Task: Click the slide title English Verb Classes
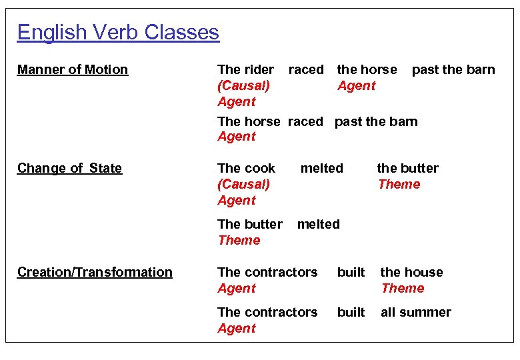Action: tap(118, 32)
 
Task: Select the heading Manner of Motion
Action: tap(73, 69)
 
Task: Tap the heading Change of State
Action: tap(70, 168)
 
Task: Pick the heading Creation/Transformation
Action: tap(95, 272)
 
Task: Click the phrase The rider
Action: tap(245, 69)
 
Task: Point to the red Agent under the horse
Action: tap(357, 85)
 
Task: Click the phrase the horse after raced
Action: tap(367, 69)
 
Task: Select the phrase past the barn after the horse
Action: tap(453, 69)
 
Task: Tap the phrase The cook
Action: tap(247, 168)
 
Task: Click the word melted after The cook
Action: tap(322, 168)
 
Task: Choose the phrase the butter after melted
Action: tap(408, 168)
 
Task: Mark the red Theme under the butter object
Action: tap(399, 184)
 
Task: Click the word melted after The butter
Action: tap(318, 224)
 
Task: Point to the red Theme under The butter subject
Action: tap(239, 240)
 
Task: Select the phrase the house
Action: tap(411, 272)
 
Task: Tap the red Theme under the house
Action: tap(403, 288)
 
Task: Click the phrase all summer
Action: tap(416, 312)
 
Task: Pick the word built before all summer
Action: tap(351, 312)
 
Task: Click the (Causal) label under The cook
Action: tap(243, 184)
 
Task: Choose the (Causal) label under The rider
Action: tap(243, 85)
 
